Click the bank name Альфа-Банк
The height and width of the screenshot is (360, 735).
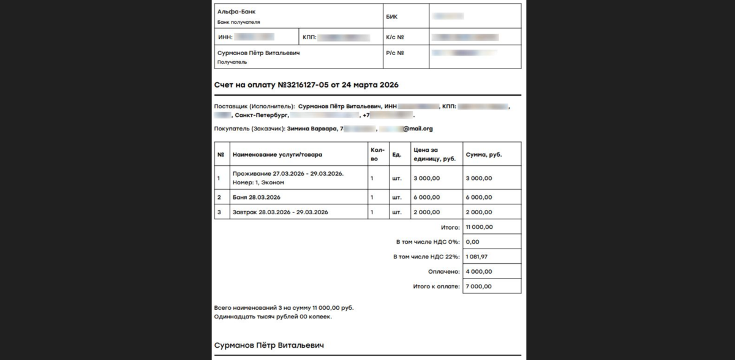point(236,12)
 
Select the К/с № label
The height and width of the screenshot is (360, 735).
point(395,37)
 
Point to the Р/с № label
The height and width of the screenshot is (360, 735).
point(395,53)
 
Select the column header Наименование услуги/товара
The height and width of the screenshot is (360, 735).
point(277,154)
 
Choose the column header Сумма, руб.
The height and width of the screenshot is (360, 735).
point(484,154)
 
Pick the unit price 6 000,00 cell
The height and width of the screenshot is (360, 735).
point(426,197)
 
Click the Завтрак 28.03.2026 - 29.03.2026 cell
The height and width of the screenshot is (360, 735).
point(281,212)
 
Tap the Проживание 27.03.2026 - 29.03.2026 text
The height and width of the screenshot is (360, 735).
point(288,173)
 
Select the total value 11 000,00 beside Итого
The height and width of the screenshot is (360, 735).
point(479,227)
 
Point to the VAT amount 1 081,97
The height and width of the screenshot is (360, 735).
point(478,257)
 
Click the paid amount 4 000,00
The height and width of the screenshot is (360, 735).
point(479,272)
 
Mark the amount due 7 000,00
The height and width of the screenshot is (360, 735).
point(479,287)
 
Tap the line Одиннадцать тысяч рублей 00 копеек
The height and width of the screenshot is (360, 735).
point(273,317)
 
